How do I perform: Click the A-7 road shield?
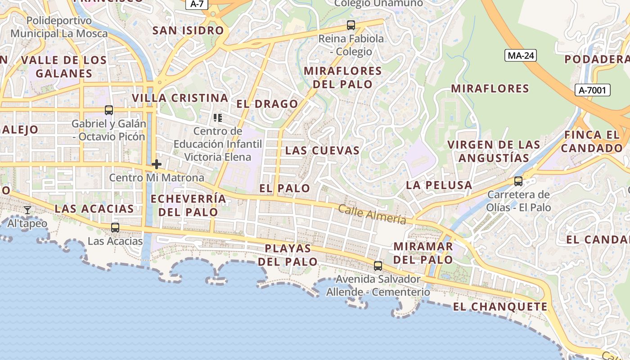197,4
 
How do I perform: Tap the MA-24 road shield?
521,55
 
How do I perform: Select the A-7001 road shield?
592,90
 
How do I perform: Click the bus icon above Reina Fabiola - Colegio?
351,25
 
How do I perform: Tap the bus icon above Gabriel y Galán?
108,110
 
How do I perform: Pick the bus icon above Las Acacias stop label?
115,228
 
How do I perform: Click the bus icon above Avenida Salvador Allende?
378,265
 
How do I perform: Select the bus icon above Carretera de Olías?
518,181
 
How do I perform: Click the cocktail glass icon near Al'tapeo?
27,210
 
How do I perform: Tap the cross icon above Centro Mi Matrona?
157,164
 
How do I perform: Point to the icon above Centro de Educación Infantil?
218,118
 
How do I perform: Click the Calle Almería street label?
372,214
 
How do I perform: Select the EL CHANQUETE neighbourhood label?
500,307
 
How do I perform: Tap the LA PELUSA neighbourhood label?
439,185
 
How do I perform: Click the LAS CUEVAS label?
322,150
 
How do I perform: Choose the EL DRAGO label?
267,104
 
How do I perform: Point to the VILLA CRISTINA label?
180,98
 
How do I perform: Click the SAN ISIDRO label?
188,31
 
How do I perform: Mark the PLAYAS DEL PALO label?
288,255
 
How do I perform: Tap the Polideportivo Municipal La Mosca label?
59,27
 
